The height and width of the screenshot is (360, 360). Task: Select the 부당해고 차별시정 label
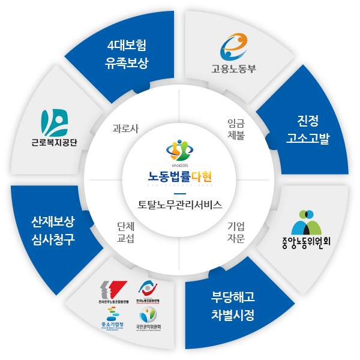point(233,305)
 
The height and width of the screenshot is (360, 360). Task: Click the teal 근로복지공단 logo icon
point(55,122)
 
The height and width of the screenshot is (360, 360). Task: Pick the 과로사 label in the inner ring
point(125,128)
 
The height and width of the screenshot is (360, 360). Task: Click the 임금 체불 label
point(236,128)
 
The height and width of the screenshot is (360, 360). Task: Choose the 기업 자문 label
point(236,232)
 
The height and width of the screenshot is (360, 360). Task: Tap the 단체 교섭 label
point(125,232)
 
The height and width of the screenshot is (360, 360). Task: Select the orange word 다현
point(201,176)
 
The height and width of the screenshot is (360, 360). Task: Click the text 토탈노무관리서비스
point(180,204)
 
